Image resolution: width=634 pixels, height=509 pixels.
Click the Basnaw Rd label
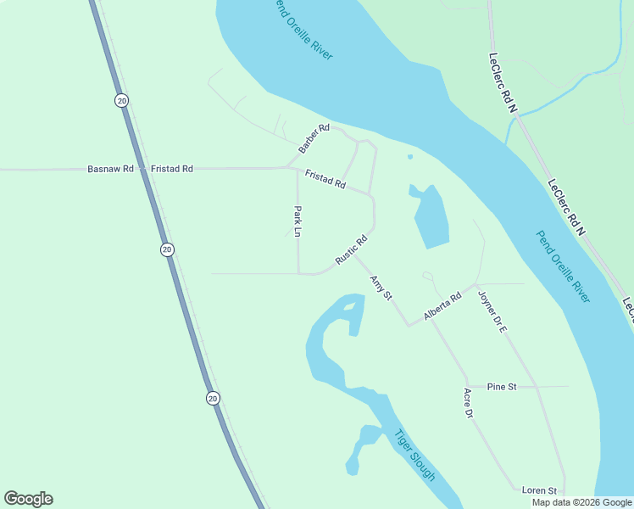110,169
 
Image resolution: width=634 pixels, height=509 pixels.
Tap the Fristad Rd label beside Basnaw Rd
172,169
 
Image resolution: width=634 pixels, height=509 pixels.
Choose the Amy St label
381,288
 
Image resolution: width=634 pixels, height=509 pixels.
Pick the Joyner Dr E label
492,311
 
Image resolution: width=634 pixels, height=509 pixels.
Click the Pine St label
502,387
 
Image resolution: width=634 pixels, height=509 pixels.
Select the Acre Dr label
467,404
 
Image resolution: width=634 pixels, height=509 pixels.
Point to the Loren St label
539,490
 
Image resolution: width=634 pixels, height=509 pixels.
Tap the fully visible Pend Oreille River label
564,266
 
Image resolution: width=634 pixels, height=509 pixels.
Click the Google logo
28,499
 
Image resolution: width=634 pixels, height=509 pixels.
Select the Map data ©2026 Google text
581,502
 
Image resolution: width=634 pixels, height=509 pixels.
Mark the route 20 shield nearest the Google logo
212,397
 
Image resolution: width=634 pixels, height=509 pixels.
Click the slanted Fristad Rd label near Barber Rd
325,179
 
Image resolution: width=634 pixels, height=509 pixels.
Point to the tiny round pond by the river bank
410,156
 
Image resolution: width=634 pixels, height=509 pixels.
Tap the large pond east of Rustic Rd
431,218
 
